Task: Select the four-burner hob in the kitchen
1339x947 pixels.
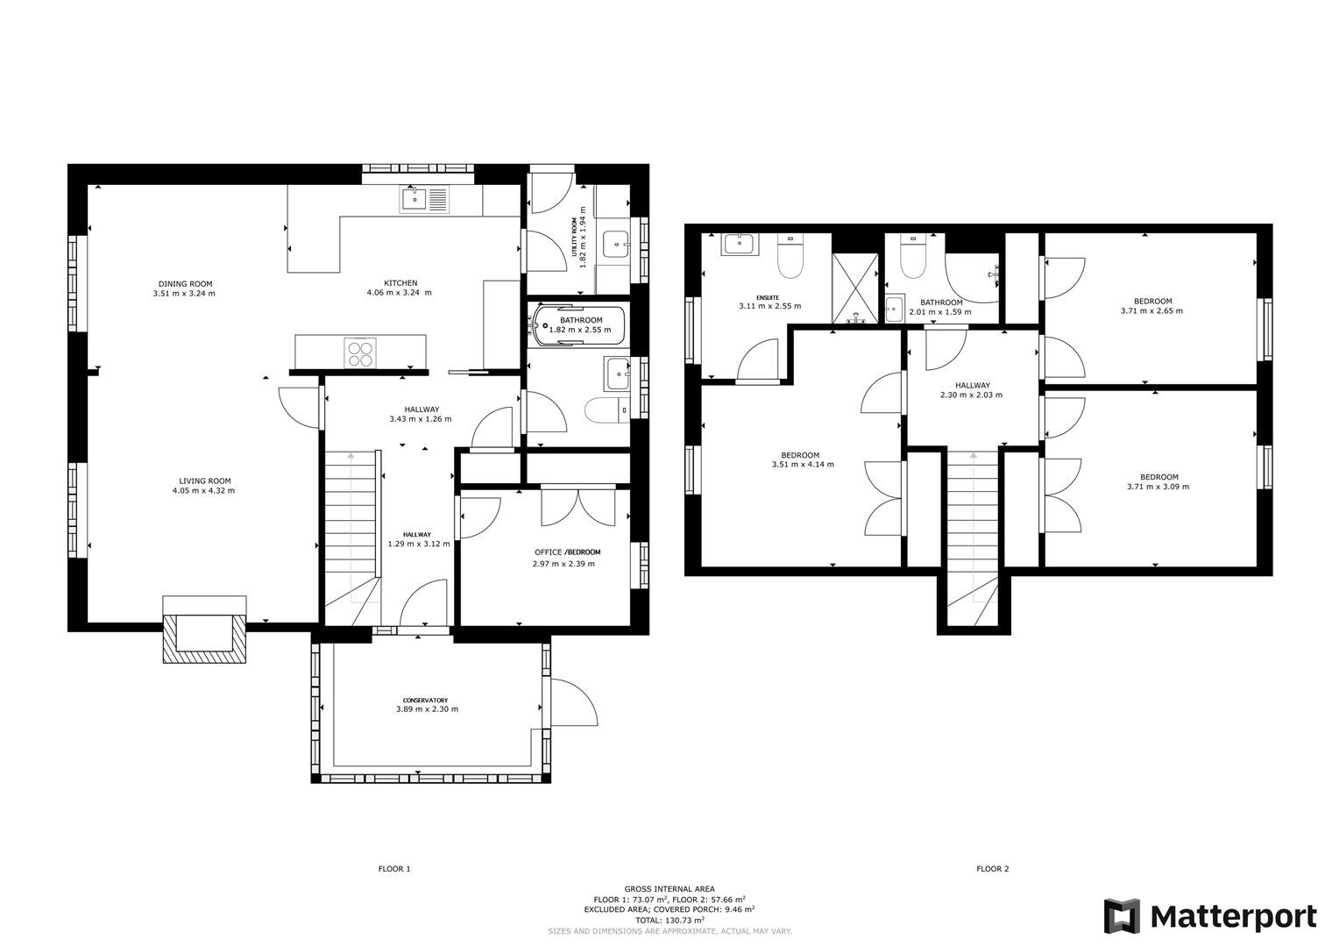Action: click(x=361, y=352)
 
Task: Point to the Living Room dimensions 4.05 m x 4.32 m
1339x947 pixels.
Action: click(x=204, y=491)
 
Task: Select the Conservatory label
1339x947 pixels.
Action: click(x=427, y=700)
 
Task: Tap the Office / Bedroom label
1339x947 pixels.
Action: click(x=567, y=552)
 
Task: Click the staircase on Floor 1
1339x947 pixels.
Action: click(x=351, y=526)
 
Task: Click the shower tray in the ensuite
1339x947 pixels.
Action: click(x=854, y=288)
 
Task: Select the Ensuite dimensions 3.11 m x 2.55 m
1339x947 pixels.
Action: click(x=769, y=306)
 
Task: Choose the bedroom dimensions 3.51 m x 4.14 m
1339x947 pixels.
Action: click(x=801, y=464)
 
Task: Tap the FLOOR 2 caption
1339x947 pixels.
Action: click(x=993, y=869)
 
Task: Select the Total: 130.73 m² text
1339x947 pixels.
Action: click(x=669, y=920)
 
